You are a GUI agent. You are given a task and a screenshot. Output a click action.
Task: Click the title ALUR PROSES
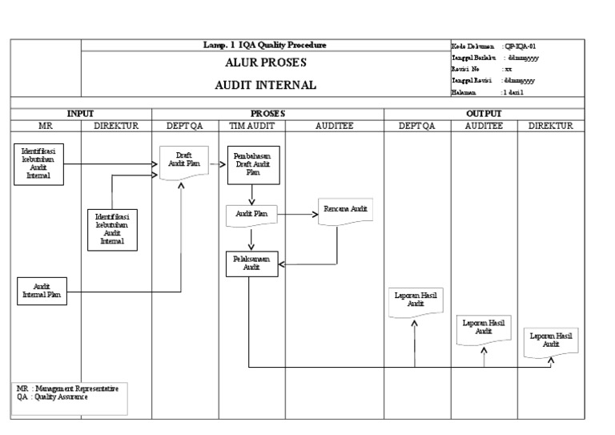(265, 62)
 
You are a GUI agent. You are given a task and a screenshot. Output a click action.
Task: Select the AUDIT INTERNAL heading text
(265, 84)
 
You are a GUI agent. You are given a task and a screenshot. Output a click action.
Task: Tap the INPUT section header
(80, 115)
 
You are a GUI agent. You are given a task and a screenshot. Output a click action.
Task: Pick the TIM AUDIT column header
(251, 126)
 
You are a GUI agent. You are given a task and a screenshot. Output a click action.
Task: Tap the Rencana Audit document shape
(345, 210)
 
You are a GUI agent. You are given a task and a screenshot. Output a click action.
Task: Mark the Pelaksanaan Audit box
(251, 264)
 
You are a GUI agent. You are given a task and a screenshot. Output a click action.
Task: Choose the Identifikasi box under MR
(38, 163)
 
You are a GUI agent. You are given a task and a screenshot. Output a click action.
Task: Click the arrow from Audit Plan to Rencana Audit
(295, 215)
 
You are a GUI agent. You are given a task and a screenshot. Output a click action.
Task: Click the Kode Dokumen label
(472, 46)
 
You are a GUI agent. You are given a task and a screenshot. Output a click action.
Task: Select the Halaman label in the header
(465, 93)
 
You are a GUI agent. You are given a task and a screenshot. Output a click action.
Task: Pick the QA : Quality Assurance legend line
(51, 397)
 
